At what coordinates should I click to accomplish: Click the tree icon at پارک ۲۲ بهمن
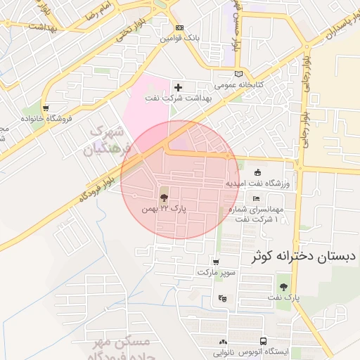tap(164, 198)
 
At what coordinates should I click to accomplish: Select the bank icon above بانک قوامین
tap(179, 28)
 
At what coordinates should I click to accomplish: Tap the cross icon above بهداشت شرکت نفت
tap(178, 88)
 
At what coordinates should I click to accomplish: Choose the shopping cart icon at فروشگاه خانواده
tap(46, 108)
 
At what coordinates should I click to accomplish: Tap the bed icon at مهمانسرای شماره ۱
tap(256, 200)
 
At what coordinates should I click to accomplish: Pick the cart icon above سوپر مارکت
tap(215, 262)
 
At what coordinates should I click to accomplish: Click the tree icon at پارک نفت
tap(283, 287)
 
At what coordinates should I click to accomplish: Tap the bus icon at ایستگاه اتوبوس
tap(263, 341)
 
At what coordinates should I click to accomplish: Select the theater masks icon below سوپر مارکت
tap(223, 298)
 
